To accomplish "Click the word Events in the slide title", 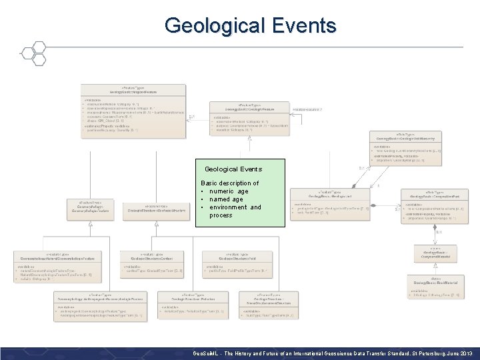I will (x=304, y=26).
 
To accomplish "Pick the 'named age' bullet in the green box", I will (x=226, y=199).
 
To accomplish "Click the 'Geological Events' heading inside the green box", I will (x=233, y=169).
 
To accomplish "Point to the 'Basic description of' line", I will (x=230, y=183).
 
